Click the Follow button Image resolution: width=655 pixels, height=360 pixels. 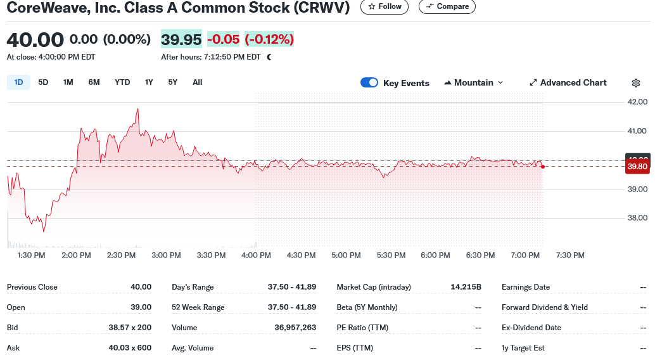coord(385,6)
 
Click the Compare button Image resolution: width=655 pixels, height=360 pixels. coord(447,6)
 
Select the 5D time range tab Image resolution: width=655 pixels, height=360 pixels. coord(43,82)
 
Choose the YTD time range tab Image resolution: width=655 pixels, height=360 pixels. coord(122,82)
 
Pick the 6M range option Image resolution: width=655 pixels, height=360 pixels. coord(94,82)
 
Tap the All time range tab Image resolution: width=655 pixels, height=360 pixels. coord(197,82)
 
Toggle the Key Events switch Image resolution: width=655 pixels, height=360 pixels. coord(369,83)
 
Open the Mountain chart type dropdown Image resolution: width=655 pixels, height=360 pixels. coord(473,83)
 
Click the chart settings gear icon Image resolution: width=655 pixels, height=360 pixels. coord(636,83)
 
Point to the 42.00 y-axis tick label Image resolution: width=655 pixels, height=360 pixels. coord(637,102)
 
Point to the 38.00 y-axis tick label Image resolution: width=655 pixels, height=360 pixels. coord(637,218)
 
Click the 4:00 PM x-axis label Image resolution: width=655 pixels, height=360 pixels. coord(256,255)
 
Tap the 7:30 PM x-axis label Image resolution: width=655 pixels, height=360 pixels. coord(570,255)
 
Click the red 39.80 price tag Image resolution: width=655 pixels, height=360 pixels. coord(637,167)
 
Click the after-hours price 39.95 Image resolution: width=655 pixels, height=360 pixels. coord(181,39)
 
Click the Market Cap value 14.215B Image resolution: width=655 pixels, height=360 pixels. coord(466,287)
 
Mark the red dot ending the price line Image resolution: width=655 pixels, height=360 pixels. coord(543,166)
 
